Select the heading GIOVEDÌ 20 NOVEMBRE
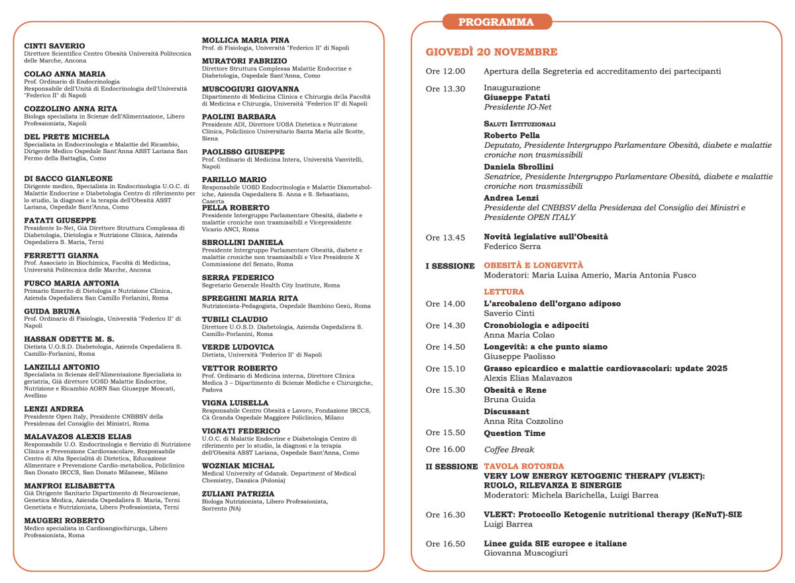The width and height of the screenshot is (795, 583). coord(492,52)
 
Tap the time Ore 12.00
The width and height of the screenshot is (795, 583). coord(445,72)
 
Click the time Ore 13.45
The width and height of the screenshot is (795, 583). coord(445,237)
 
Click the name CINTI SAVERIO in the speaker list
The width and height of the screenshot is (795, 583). coord(54,46)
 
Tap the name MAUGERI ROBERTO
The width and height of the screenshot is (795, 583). coord(64,521)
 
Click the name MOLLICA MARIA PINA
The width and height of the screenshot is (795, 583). coord(245,40)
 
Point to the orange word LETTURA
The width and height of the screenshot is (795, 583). coord(503,291)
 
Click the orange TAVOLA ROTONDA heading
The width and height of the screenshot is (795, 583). coord(524,466)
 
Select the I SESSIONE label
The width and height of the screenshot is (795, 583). coord(450,266)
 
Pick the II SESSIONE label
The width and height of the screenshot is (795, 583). coord(451,466)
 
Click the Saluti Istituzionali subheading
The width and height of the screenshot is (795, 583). coord(519,124)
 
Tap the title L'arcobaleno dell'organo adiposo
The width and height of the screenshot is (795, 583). coord(553,303)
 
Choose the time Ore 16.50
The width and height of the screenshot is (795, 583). coord(445,544)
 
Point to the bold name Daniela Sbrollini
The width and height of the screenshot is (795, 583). coord(519,167)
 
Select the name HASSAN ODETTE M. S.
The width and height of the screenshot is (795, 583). coord(69,339)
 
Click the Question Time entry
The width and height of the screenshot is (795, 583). coord(515,433)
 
